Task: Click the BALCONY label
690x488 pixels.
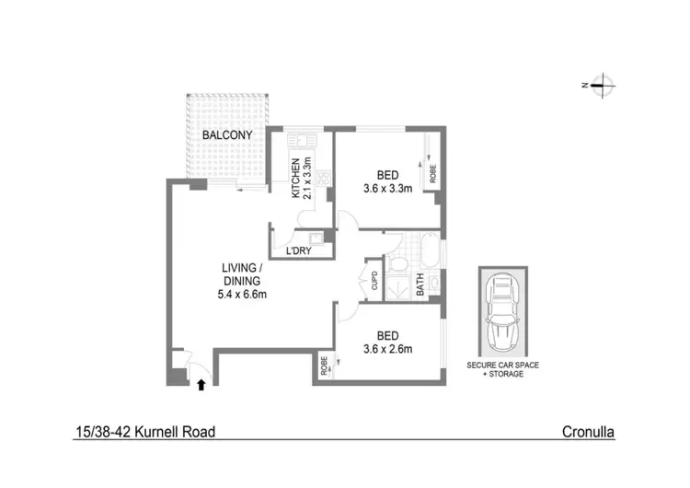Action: (x=223, y=135)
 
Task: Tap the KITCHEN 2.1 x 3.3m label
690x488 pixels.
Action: (x=303, y=178)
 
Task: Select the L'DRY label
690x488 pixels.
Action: (x=297, y=250)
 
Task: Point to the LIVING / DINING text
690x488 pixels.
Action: (x=242, y=274)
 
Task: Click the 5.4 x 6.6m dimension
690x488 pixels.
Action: (x=242, y=295)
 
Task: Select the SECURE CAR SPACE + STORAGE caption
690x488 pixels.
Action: (x=502, y=370)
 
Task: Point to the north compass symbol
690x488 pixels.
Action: (x=599, y=86)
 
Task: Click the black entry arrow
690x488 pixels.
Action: (x=201, y=385)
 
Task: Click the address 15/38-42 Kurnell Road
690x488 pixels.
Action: (x=146, y=431)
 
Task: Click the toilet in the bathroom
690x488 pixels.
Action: (x=397, y=265)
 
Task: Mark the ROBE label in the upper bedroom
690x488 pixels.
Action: (x=432, y=171)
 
